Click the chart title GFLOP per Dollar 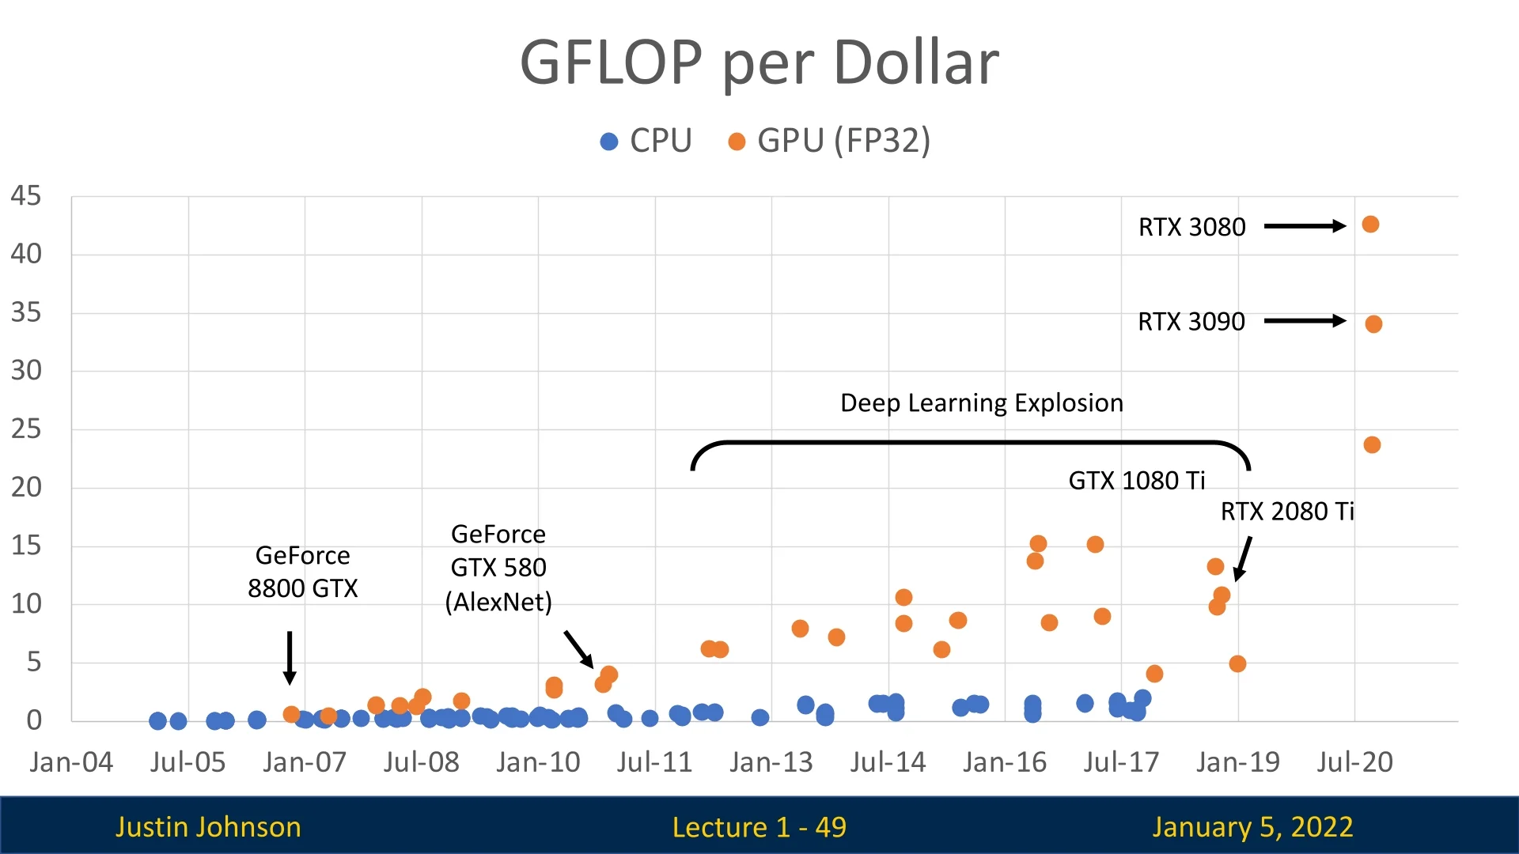(x=759, y=63)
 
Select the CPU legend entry (x=646, y=142)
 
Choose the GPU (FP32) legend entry (x=829, y=142)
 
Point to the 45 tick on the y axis (x=25, y=196)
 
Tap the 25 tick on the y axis (x=25, y=429)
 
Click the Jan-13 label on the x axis (x=771, y=762)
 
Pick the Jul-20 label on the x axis (x=1354, y=762)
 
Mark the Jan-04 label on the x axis (x=71, y=762)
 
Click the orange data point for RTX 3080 (x=1370, y=225)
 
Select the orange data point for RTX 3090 (x=1373, y=324)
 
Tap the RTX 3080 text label (x=1191, y=228)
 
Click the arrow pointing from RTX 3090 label (x=1305, y=321)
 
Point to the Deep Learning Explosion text (x=981, y=403)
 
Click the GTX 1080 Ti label (x=1136, y=481)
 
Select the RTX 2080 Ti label (x=1287, y=512)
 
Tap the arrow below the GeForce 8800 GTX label (x=290, y=657)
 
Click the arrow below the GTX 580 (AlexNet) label (x=578, y=648)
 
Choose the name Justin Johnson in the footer (x=208, y=827)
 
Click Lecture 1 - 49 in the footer (x=759, y=827)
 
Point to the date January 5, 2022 (x=1252, y=827)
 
